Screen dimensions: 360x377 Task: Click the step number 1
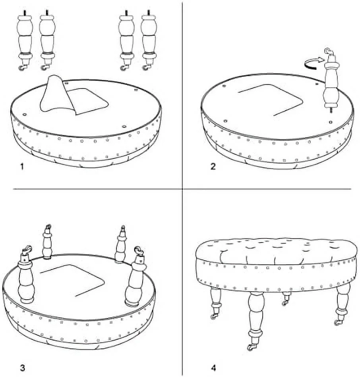[22, 167]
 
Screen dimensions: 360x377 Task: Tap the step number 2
[213, 166]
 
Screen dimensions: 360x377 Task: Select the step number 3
[22, 367]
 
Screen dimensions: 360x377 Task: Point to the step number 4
[213, 367]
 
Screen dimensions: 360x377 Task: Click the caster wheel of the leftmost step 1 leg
[22, 69]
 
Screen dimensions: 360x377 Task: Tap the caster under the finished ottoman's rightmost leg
[338, 322]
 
